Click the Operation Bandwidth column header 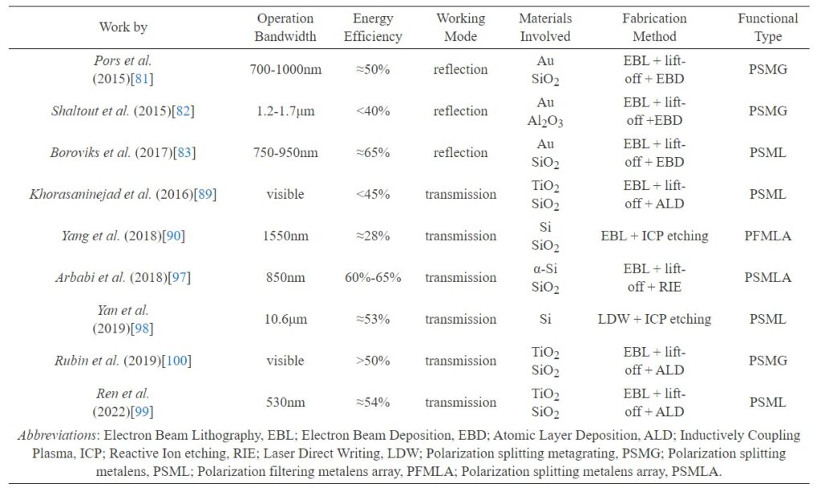click(x=285, y=27)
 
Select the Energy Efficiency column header click(x=373, y=27)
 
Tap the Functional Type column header click(x=767, y=27)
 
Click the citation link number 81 click(x=142, y=79)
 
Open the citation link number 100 click(x=176, y=361)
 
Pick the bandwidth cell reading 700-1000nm click(x=285, y=69)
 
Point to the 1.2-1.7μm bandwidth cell click(x=285, y=111)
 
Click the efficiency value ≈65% click(x=373, y=152)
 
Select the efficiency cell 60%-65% click(x=373, y=277)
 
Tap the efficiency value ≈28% click(x=373, y=236)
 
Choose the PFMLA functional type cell click(x=767, y=236)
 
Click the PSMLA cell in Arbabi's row click(x=767, y=277)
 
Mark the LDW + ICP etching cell click(x=654, y=319)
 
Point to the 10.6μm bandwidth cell click(x=285, y=319)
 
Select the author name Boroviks click(x=75, y=152)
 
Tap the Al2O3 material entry click(x=545, y=121)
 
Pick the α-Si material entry click(x=545, y=268)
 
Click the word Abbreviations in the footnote click(x=58, y=435)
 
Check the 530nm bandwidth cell click(x=285, y=402)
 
